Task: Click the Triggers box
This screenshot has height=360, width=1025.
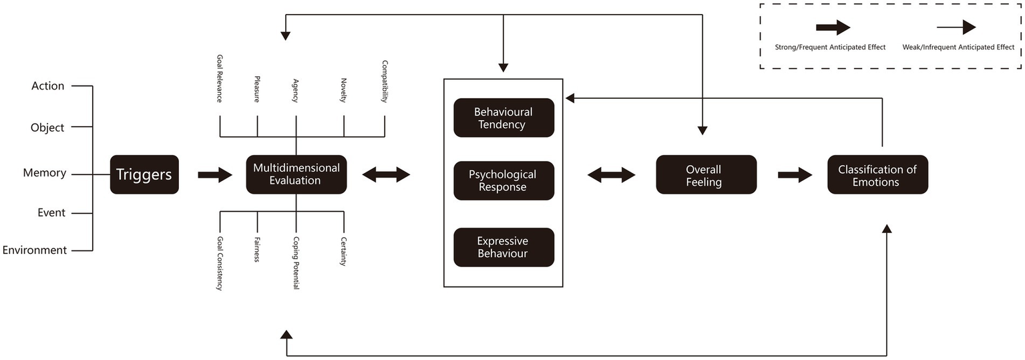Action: pyautogui.click(x=144, y=175)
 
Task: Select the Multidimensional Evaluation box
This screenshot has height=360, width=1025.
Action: pyautogui.click(x=296, y=174)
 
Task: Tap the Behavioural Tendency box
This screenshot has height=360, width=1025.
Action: pyautogui.click(x=503, y=118)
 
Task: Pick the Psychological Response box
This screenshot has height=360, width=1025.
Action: pyautogui.click(x=503, y=181)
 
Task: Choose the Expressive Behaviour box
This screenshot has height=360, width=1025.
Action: pyautogui.click(x=503, y=247)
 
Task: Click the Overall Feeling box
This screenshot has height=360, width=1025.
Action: pyautogui.click(x=706, y=175)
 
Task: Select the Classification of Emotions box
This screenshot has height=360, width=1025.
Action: pyautogui.click(x=877, y=175)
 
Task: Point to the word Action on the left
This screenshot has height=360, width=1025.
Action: pyautogui.click(x=48, y=86)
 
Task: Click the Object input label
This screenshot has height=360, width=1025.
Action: pyautogui.click(x=47, y=127)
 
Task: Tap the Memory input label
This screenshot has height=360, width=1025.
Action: pyautogui.click(x=45, y=173)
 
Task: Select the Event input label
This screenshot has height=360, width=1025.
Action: pyautogui.click(x=51, y=213)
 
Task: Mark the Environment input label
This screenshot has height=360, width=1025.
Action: pyautogui.click(x=35, y=250)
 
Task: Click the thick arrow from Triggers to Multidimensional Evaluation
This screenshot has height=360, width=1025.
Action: pyautogui.click(x=215, y=175)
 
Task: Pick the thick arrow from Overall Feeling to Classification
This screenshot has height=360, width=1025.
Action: pyautogui.click(x=795, y=175)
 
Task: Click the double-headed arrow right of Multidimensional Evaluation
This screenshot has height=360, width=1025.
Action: pyautogui.click(x=386, y=175)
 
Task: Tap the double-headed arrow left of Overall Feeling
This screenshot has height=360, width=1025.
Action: pyautogui.click(x=611, y=175)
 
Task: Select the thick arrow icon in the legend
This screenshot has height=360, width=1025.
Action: pyautogui.click(x=832, y=27)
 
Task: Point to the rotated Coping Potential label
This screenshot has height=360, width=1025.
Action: pyautogui.click(x=296, y=262)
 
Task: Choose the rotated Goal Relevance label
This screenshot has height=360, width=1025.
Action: pyautogui.click(x=219, y=79)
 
